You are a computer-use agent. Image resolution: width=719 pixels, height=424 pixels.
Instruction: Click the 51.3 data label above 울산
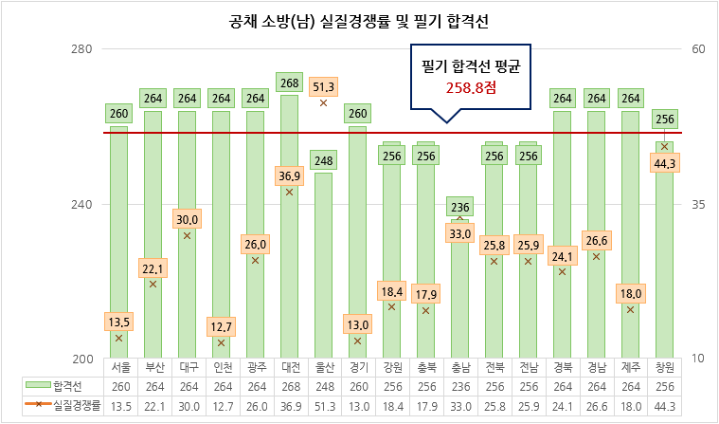point(323,85)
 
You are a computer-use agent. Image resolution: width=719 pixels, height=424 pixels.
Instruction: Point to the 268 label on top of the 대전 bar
point(289,82)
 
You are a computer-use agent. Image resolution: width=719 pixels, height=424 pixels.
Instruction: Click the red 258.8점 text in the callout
point(471,88)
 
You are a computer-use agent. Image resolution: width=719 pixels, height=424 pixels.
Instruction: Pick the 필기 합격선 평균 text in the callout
point(471,67)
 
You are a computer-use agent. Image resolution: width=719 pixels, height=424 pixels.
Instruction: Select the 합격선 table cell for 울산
point(323,386)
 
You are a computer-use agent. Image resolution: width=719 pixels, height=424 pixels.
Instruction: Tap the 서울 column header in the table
point(119,368)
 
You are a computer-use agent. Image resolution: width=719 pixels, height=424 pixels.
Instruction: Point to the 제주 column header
point(630,368)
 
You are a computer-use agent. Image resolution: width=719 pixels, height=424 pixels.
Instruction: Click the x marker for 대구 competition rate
point(187,235)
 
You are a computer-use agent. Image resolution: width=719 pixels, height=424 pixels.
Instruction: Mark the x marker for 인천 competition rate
point(221,342)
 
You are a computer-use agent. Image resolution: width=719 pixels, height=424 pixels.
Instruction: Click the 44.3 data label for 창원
point(664,163)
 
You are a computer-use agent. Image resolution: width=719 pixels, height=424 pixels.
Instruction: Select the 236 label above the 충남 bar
point(459,208)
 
